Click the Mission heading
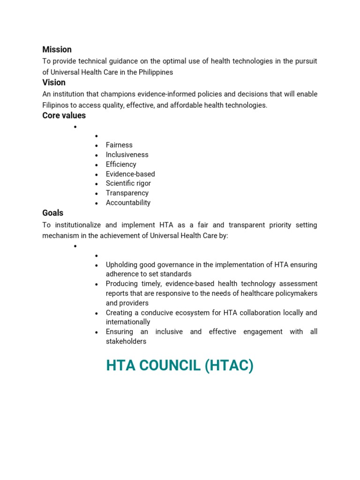(57, 50)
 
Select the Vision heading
(54, 82)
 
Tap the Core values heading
(64, 115)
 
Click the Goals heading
(52, 213)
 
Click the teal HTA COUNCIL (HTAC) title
(180, 365)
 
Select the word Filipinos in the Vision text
(57, 105)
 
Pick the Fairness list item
(119, 145)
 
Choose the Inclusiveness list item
(127, 155)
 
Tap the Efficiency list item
(121, 165)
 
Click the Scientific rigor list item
(128, 183)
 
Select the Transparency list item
(127, 193)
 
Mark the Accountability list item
(128, 203)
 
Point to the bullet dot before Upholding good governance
(96, 265)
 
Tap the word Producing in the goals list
(121, 284)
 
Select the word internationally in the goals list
(128, 322)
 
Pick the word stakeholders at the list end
(126, 341)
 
